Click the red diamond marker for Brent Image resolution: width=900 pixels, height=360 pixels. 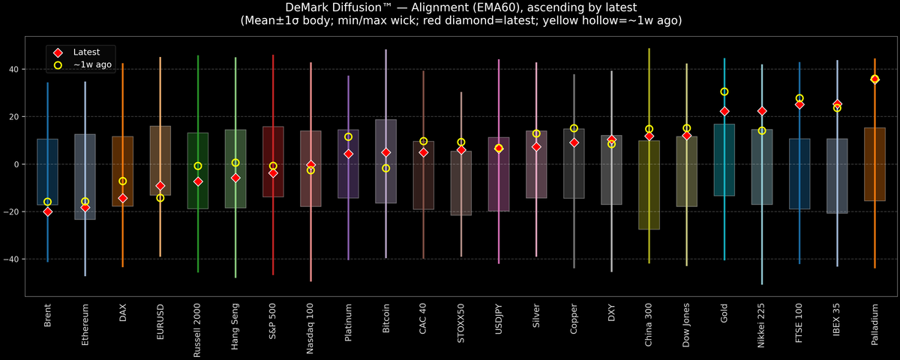[x=47, y=211]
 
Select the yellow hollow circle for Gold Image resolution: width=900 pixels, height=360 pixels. [x=724, y=91]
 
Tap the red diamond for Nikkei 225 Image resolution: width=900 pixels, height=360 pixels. [x=762, y=111]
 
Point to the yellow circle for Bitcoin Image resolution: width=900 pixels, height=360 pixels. [x=385, y=168]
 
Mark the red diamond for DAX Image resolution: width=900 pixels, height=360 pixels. [x=122, y=198]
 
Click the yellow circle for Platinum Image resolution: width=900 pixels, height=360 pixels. [x=348, y=136]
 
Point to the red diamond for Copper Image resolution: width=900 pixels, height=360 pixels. [x=574, y=142]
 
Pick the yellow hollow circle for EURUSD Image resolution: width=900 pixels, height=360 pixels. [x=160, y=198]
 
